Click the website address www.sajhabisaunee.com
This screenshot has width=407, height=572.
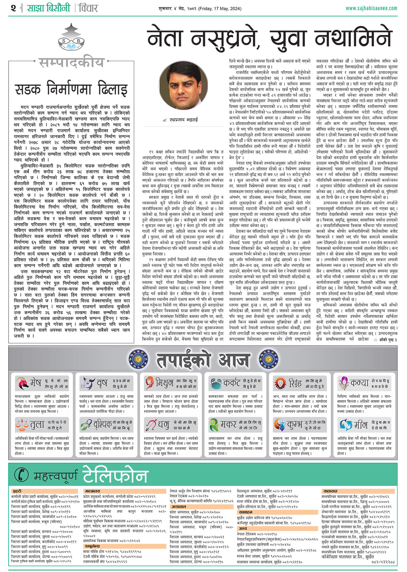pos(371,8)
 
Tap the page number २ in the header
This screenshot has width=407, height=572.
pos(13,8)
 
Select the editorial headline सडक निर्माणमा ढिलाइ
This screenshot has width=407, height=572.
pos(71,90)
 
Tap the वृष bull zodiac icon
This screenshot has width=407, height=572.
pos(87,383)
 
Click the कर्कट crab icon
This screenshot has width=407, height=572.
pos(215,383)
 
